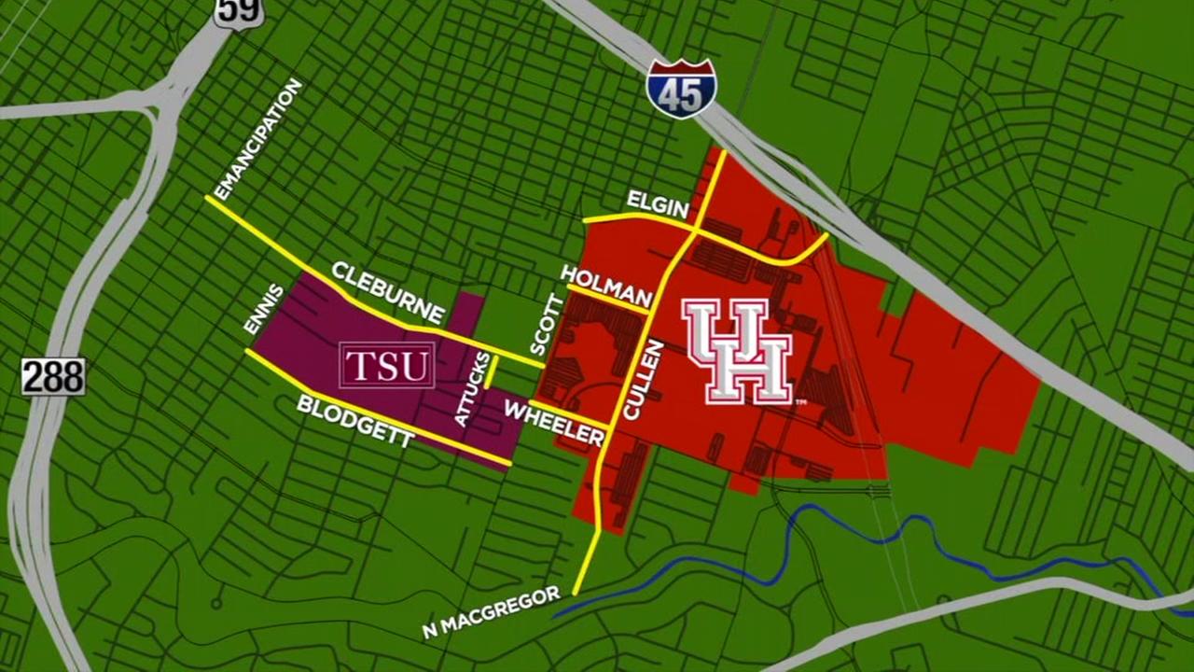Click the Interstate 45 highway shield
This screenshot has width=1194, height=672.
point(681,89)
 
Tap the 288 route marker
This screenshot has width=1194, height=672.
point(53,376)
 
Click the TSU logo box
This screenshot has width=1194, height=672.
point(387,365)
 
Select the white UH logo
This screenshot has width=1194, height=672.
point(737,351)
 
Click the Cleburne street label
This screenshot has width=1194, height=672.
point(387,292)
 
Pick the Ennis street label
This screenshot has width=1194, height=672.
point(262,308)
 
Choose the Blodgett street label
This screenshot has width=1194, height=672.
point(354,422)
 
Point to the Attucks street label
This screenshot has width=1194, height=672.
point(470,390)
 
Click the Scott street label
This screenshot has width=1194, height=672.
point(547,324)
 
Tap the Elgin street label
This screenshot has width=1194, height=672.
point(657,204)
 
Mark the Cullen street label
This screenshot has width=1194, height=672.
point(642,379)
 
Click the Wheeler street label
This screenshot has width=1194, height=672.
point(554,423)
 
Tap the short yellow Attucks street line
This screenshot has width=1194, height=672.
point(488,371)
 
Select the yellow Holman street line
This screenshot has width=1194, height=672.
point(606,301)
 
